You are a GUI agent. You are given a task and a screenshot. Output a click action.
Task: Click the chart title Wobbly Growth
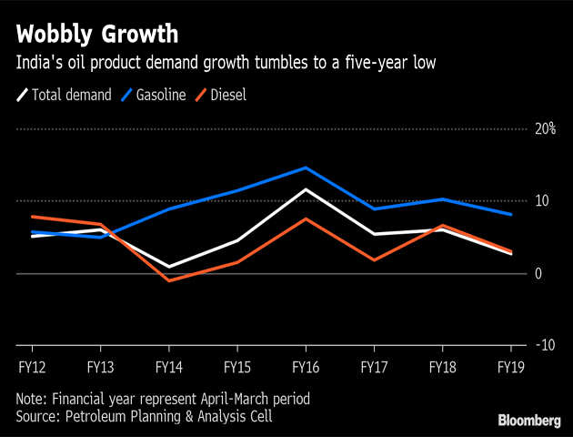click(95, 36)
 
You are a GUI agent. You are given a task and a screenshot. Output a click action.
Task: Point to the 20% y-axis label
click(545, 128)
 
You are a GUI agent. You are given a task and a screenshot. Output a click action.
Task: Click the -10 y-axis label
click(545, 345)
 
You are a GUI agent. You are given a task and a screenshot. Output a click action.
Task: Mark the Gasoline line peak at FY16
click(306, 168)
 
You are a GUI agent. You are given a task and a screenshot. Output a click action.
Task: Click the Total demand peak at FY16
click(306, 189)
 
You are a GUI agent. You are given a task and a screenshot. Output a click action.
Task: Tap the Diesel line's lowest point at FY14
click(168, 280)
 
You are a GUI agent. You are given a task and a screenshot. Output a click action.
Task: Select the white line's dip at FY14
click(168, 267)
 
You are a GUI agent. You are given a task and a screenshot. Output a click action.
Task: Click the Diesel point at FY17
click(374, 260)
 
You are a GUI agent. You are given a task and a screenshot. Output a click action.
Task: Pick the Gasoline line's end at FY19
click(511, 215)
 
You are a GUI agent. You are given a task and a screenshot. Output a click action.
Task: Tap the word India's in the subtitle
click(37, 63)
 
